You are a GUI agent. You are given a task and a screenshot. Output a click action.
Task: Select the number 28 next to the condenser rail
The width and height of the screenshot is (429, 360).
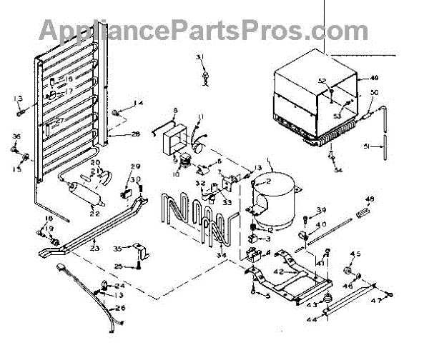click(136, 134)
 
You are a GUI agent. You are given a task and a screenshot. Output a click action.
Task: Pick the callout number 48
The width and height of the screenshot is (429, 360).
click(370, 198)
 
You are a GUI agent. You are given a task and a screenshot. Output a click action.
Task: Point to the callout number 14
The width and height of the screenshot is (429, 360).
click(139, 104)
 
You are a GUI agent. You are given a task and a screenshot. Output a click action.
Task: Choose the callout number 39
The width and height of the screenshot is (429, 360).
click(321, 210)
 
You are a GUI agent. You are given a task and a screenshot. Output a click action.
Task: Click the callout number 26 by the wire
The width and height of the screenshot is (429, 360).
click(119, 308)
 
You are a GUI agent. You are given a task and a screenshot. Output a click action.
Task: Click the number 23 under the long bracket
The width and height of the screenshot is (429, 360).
click(94, 249)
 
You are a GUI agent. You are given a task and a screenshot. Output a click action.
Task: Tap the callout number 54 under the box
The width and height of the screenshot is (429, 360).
click(337, 169)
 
